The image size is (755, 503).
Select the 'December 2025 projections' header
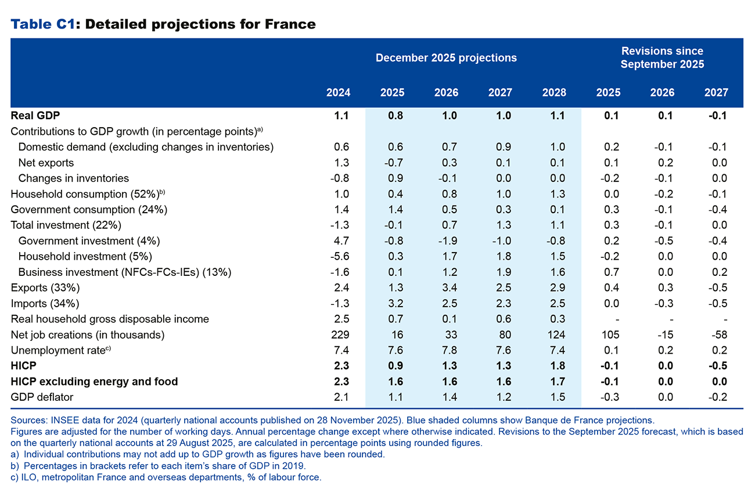click(x=446, y=58)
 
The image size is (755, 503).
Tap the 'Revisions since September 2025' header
click(x=662, y=58)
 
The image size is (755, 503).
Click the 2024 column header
click(x=338, y=93)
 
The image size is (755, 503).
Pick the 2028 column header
click(x=554, y=93)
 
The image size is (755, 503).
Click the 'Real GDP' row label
click(x=35, y=116)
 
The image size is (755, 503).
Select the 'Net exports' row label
click(x=46, y=163)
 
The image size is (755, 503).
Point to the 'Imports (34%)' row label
click(x=45, y=304)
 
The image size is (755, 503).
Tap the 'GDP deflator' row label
click(x=42, y=397)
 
